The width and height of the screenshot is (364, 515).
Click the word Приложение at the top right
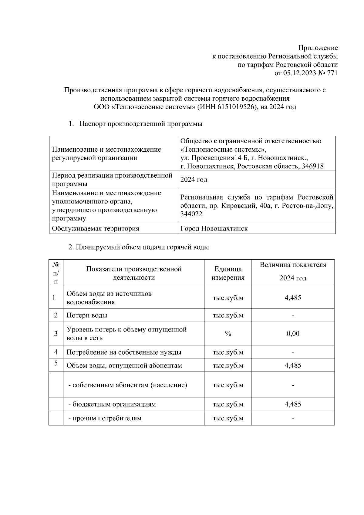[x=318, y=48]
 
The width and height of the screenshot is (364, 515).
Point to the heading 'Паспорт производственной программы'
[x=141, y=124]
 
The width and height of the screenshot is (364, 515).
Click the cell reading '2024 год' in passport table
[x=194, y=180]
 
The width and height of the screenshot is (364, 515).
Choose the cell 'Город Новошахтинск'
[x=214, y=228]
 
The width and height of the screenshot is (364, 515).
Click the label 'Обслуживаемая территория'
[x=96, y=228]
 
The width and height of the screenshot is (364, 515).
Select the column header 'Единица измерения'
[x=228, y=273]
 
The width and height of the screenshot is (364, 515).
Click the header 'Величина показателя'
[x=293, y=264]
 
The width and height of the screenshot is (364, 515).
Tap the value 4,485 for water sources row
[x=293, y=298]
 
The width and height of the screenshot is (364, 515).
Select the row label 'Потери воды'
[x=87, y=315]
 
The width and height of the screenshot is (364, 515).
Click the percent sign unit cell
[x=228, y=334]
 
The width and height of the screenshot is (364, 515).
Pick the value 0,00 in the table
[x=293, y=334]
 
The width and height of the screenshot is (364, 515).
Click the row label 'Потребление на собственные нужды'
[x=124, y=352]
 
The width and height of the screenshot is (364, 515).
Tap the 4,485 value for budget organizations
[x=293, y=404]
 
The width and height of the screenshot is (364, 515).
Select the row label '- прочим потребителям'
[x=105, y=419]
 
